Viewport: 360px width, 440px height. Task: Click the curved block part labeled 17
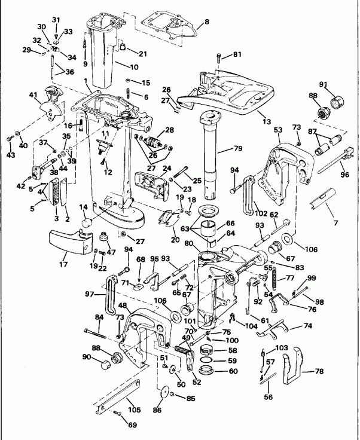coord(68,246)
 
